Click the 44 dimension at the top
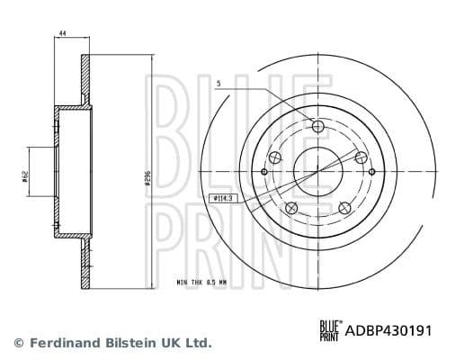[x=62, y=33]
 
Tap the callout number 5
[x=219, y=84]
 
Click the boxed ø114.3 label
[x=220, y=197]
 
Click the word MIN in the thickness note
[x=183, y=282]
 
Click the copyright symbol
[x=19, y=343]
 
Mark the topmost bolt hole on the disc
[x=317, y=125]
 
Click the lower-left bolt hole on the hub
[x=290, y=209]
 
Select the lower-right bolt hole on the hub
[x=345, y=208]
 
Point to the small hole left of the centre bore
[x=263, y=171]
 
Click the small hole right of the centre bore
[x=370, y=171]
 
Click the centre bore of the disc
[x=317, y=171]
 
